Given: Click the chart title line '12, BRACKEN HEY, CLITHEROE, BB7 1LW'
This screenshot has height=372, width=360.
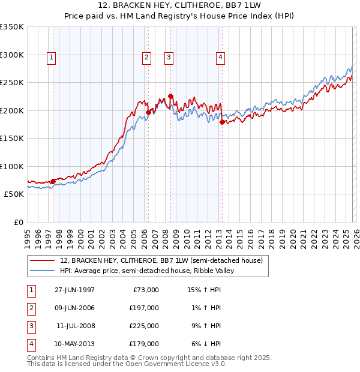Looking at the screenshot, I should [179, 6].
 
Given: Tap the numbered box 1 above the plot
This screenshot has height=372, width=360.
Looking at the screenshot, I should [52, 58].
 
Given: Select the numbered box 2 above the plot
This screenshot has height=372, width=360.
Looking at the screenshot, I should [146, 58].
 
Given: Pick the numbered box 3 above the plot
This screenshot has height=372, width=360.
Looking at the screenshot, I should [169, 58].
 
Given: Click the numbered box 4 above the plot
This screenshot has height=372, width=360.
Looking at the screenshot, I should [221, 58].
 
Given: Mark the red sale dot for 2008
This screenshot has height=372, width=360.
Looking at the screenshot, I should [171, 96].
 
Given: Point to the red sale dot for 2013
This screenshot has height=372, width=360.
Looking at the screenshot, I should [222, 122].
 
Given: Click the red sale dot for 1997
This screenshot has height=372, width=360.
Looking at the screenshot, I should [53, 181].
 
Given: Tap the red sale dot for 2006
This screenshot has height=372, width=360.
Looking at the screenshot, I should [148, 112].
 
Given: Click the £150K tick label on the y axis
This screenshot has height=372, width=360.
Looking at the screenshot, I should [12, 138].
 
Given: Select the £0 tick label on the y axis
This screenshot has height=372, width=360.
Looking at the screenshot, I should [19, 222].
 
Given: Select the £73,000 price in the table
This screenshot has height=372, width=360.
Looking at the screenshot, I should [145, 290].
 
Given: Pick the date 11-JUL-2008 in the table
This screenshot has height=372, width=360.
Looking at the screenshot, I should [76, 326].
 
